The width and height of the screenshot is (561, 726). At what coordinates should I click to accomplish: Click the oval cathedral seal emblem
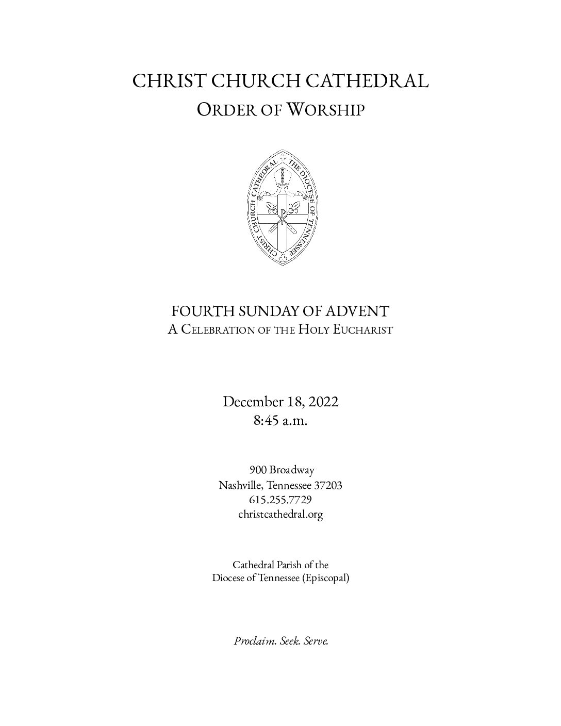coord(280,207)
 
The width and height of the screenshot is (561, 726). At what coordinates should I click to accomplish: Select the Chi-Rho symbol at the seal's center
coord(281,213)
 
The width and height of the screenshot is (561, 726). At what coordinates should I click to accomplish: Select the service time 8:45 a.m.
coord(280,421)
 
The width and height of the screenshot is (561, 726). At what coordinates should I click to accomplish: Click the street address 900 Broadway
coord(282,470)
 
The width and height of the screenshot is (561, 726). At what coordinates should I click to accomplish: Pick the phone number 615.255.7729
coord(280,500)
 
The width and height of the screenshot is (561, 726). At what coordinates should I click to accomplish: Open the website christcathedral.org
coord(280,514)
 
